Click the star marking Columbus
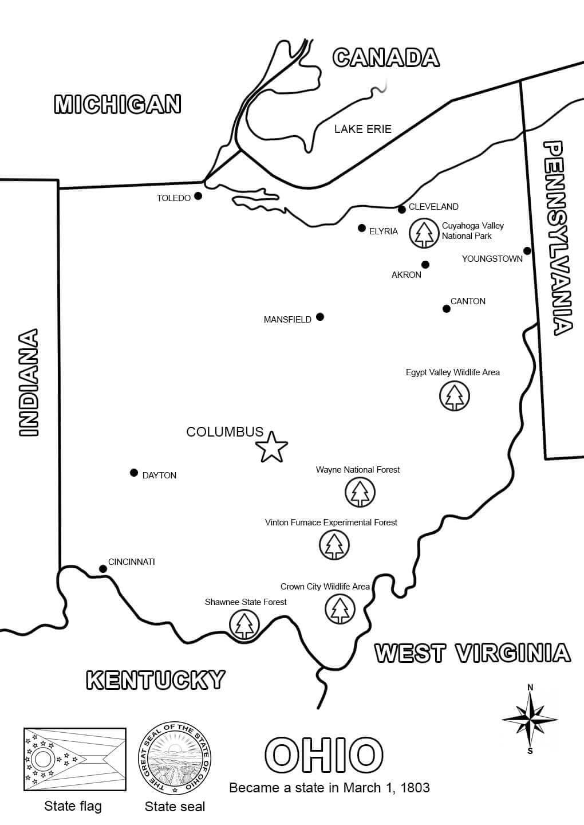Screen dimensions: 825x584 click(x=271, y=447)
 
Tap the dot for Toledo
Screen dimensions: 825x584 click(x=198, y=196)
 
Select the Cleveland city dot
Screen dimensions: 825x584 click(x=402, y=209)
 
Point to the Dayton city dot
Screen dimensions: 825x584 click(x=134, y=473)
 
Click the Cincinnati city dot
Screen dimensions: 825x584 click(x=103, y=569)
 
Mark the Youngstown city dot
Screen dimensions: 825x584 click(x=527, y=251)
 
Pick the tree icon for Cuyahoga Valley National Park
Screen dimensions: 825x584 click(x=424, y=233)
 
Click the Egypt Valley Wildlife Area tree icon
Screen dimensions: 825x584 click(x=455, y=396)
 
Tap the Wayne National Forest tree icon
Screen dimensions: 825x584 click(x=360, y=492)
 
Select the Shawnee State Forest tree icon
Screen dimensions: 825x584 click(x=244, y=624)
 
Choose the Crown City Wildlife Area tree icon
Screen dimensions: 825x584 click(x=340, y=609)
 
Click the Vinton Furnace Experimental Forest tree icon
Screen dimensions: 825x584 click(x=334, y=545)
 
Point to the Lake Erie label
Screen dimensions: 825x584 click(x=363, y=129)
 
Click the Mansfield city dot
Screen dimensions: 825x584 click(x=320, y=317)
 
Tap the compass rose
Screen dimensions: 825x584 click(x=530, y=718)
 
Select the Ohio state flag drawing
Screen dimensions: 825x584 click(x=74, y=760)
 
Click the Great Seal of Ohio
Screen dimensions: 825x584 click(x=175, y=759)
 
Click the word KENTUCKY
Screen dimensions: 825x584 click(x=155, y=679)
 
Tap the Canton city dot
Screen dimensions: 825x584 click(x=447, y=309)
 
